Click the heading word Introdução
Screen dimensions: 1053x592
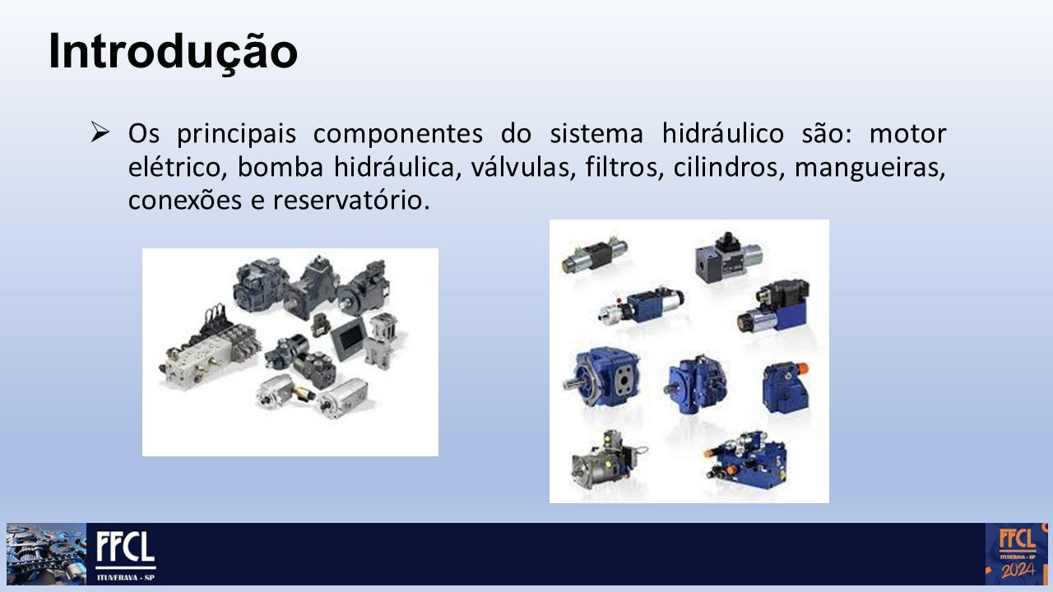click(x=173, y=53)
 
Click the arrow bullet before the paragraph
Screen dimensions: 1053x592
click(x=100, y=132)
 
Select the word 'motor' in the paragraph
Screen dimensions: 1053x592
click(x=907, y=134)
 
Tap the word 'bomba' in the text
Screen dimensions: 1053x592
click(x=281, y=167)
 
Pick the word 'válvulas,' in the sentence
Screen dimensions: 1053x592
click(x=522, y=167)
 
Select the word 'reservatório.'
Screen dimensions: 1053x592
click(x=351, y=201)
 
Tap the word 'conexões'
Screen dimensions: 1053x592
click(x=185, y=201)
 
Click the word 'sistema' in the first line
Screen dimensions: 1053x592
click(x=596, y=134)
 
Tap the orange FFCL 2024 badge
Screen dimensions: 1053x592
click(x=1015, y=554)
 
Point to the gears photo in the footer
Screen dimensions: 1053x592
click(x=46, y=554)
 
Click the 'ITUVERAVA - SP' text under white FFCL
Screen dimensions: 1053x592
click(x=126, y=577)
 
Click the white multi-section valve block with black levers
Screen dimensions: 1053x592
click(x=210, y=350)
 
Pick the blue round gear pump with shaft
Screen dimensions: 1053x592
click(x=602, y=378)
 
